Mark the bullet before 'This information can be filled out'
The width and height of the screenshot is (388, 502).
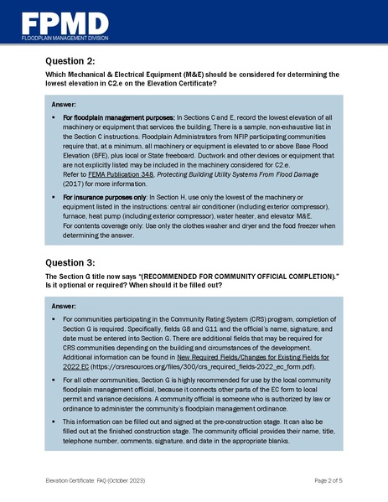pos(54,421)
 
